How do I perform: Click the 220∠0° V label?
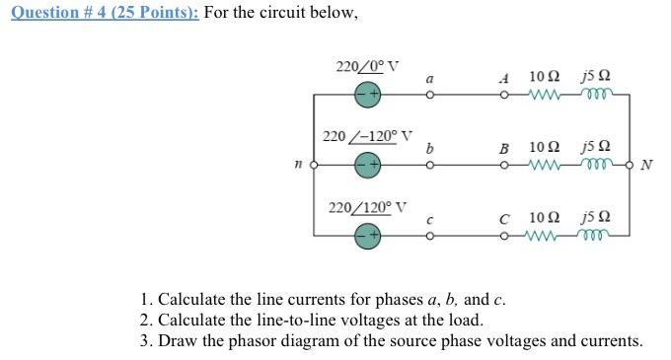(x=367, y=68)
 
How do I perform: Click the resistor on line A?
(x=545, y=96)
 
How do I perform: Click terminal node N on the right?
(x=633, y=164)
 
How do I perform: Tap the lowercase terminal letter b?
(x=428, y=147)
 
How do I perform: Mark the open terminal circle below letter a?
(x=429, y=96)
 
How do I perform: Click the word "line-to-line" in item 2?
(x=274, y=321)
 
